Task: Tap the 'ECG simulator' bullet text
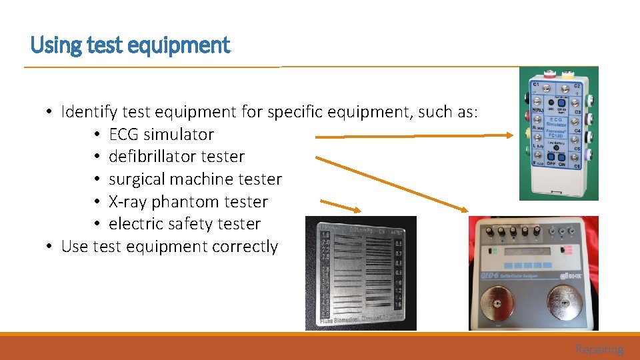(161, 134)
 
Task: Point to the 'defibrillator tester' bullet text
(177, 157)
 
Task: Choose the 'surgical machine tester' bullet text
(195, 179)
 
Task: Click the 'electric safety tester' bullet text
(185, 224)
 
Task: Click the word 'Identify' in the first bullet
(87, 111)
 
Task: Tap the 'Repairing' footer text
(599, 349)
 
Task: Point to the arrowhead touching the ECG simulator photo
(510, 135)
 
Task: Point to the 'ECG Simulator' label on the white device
(556, 121)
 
